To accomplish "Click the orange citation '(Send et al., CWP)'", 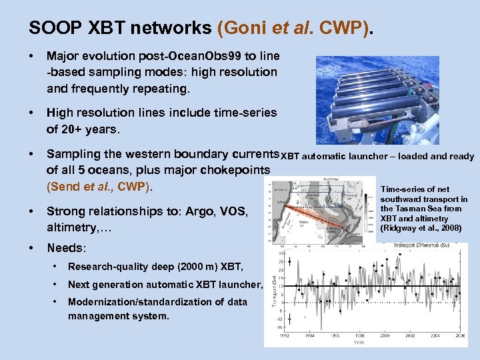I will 99,187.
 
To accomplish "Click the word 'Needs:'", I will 67,248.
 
